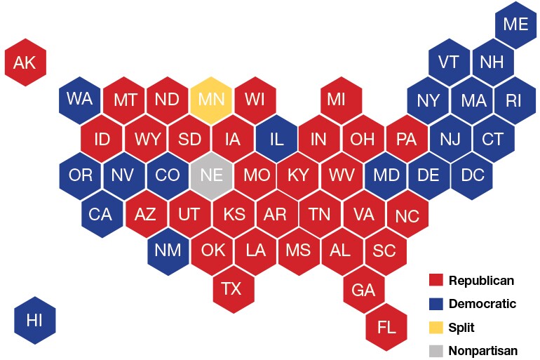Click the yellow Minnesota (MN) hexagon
click(211, 99)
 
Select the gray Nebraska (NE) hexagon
click(211, 175)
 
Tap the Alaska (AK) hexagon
click(25, 63)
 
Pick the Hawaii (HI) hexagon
click(35, 321)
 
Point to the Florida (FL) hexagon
click(386, 327)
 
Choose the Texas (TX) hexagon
click(232, 288)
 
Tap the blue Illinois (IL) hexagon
click(276, 138)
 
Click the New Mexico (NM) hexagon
click(167, 250)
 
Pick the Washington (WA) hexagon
click(79, 99)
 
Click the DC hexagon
click(471, 175)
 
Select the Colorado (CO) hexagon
click(167, 175)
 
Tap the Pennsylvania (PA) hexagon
click(407, 138)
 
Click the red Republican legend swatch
click(436, 281)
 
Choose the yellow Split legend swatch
click(436, 327)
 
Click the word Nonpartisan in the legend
click(483, 350)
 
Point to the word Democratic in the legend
click(482, 304)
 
